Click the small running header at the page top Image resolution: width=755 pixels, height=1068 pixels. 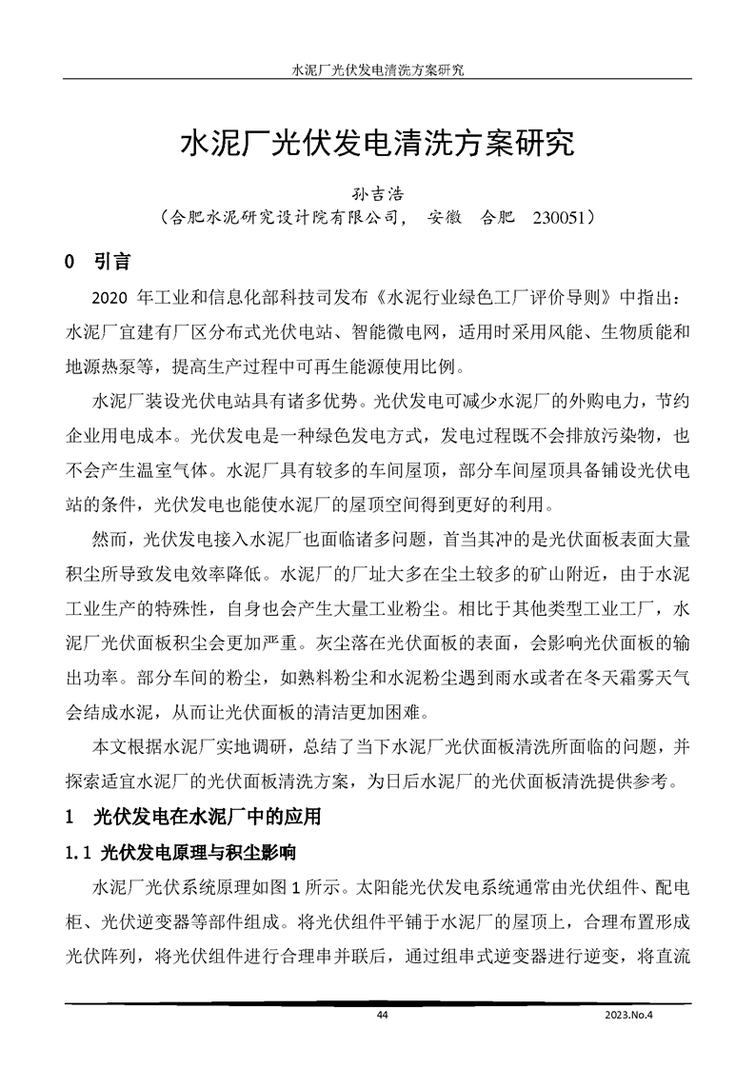[x=376, y=70]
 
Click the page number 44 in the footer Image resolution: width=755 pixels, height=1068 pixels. [x=382, y=1016]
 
